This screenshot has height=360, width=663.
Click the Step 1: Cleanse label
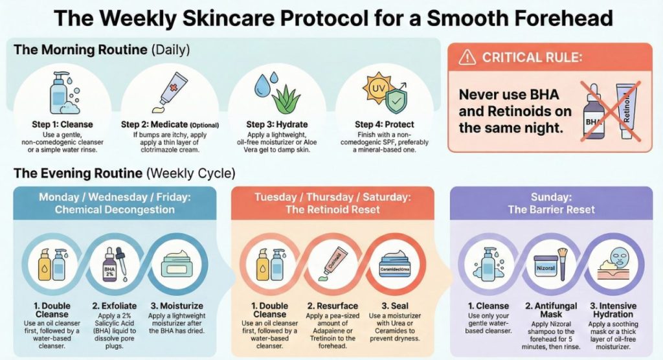[x=62, y=124]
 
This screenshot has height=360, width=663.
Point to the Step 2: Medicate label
[x=170, y=124]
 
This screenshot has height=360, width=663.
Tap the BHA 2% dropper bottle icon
[x=111, y=266]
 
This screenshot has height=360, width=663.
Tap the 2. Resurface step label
[x=331, y=306]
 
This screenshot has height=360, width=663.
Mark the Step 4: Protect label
[x=385, y=124]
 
